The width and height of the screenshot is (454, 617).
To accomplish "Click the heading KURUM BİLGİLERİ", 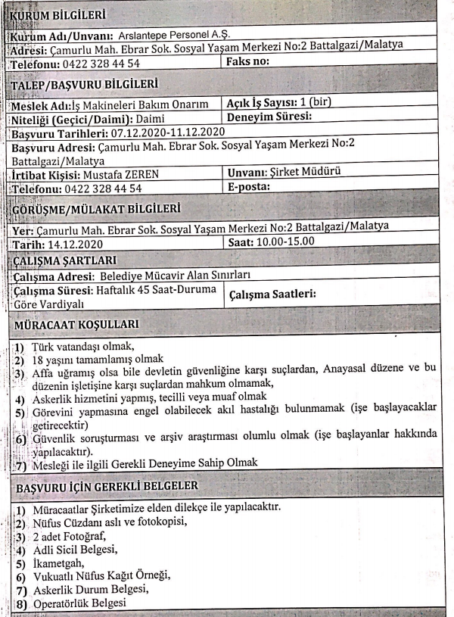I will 59,14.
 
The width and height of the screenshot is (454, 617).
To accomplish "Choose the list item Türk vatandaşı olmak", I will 83,346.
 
